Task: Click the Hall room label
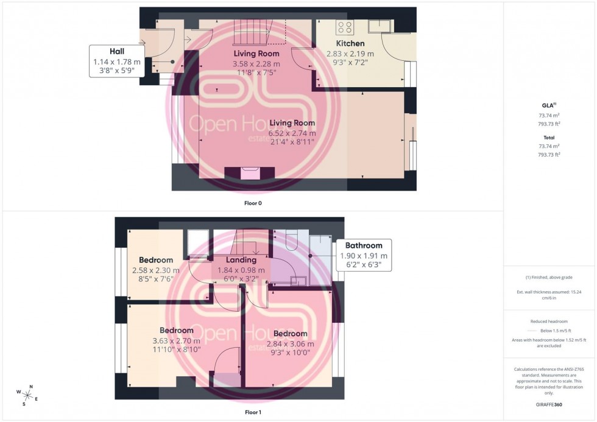116,51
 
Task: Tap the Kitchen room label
350,44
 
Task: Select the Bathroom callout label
364,246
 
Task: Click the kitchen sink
383,25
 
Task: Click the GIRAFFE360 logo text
549,404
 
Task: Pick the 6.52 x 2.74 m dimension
292,133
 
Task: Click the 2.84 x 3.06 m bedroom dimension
290,343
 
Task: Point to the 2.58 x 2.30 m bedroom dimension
156,270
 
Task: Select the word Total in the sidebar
549,138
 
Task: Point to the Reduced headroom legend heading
549,322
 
